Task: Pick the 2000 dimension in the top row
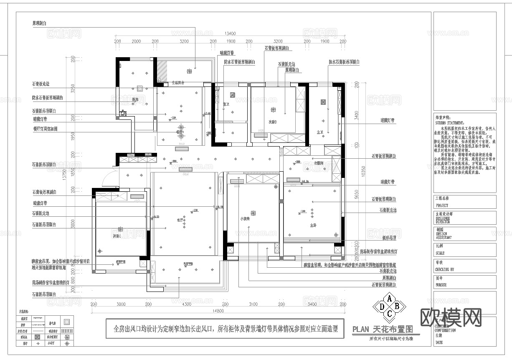[x=136, y=41]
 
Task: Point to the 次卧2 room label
[x=273, y=122]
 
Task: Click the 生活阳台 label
[x=179, y=83]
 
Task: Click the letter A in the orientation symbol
[x=389, y=298]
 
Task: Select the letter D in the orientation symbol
[x=381, y=306]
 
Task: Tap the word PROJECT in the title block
[x=442, y=205]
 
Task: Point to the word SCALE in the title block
[x=440, y=253]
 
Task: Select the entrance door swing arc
[x=108, y=177]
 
